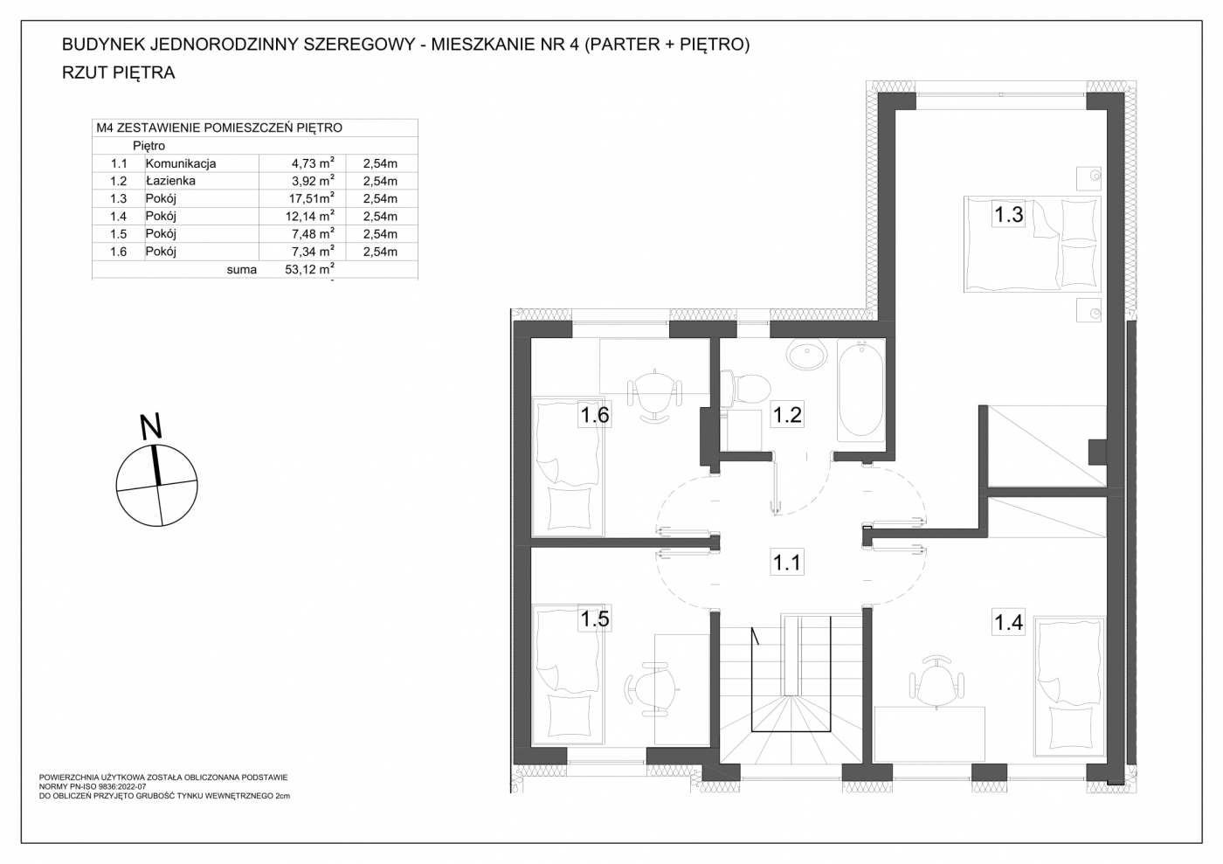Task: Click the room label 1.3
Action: pos(1008,213)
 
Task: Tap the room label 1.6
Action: pos(595,414)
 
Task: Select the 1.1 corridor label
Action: pos(787,562)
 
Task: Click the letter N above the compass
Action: pos(151,426)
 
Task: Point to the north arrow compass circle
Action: pos(157,486)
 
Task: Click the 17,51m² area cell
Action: pos(311,197)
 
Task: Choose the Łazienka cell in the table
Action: pos(170,181)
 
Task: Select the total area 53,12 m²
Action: pos(309,269)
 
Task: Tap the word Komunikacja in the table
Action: pos(181,163)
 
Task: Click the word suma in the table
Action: pos(242,269)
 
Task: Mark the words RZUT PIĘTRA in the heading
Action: pos(119,73)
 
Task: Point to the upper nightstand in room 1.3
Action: pos(1088,178)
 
